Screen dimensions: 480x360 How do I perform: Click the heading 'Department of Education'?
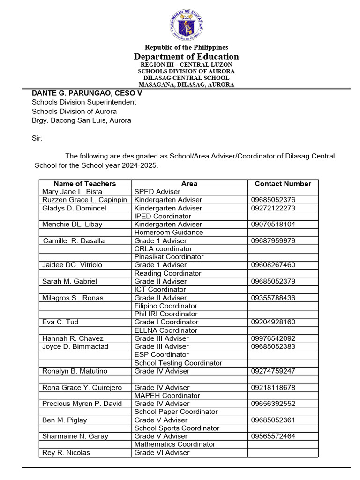coord(186,56)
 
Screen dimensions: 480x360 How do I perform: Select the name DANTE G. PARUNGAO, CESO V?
coord(87,93)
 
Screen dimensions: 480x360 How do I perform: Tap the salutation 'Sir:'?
coord(37,138)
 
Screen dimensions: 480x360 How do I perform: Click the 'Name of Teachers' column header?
coord(85,184)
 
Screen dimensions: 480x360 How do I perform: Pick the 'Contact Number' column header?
coord(283,184)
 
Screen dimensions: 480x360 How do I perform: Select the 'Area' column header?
coord(189,184)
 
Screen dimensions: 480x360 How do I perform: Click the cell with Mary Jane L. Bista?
coord(72,192)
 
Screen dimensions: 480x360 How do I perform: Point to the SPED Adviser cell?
coord(157,192)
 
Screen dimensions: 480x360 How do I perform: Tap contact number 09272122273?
coord(273,208)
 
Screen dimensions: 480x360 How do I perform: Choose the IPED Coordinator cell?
coord(163,216)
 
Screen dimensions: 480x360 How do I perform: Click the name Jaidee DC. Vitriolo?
coord(72,265)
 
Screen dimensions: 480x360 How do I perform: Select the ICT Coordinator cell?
coord(160,289)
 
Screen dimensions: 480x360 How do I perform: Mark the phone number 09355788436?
coord(273,298)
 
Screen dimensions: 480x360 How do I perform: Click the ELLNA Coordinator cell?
coord(165,330)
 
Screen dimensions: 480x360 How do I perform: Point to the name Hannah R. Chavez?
coord(73,338)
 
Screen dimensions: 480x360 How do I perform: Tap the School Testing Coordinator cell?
coord(178,363)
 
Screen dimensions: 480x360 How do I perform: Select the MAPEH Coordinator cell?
coord(167,395)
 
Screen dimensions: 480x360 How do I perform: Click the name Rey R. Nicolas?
coord(66,452)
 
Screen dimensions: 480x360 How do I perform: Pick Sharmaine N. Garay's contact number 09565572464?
coord(273,436)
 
